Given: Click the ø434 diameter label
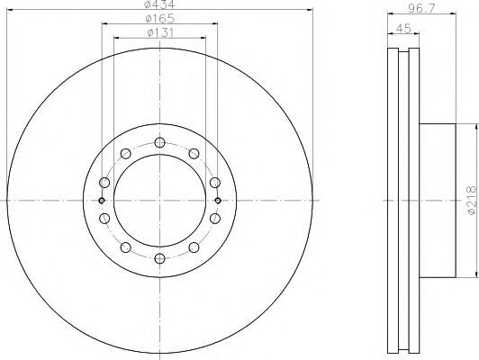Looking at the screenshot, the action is pyautogui.click(x=159, y=4).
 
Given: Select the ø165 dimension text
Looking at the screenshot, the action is pyautogui.click(x=159, y=19).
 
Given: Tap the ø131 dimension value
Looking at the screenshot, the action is pyautogui.click(x=160, y=32).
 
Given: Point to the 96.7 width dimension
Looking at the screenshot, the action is pyautogui.click(x=421, y=8).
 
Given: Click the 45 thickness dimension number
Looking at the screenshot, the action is pyautogui.click(x=403, y=29).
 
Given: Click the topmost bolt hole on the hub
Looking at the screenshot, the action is pyautogui.click(x=159, y=142).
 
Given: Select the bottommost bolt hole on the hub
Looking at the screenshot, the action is pyautogui.click(x=159, y=258).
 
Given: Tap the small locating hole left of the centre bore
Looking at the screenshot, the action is pyautogui.click(x=102, y=201).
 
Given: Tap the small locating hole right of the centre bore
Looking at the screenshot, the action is pyautogui.click(x=218, y=201).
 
